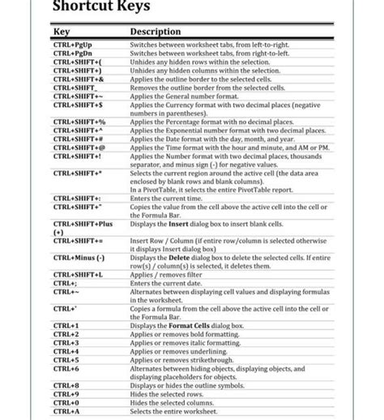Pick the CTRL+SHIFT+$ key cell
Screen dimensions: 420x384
pos(78,105)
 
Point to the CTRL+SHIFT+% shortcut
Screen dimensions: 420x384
pos(79,122)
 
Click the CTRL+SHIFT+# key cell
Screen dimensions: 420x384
pos(78,139)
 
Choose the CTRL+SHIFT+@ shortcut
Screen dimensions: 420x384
pos(79,148)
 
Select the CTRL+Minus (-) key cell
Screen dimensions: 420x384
pos(79,258)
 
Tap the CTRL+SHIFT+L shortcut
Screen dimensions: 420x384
pos(78,274)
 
